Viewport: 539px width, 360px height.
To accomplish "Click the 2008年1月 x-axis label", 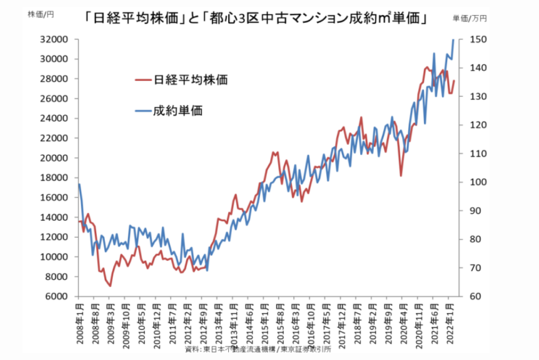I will (79, 322).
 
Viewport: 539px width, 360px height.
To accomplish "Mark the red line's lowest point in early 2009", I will (110, 286).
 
